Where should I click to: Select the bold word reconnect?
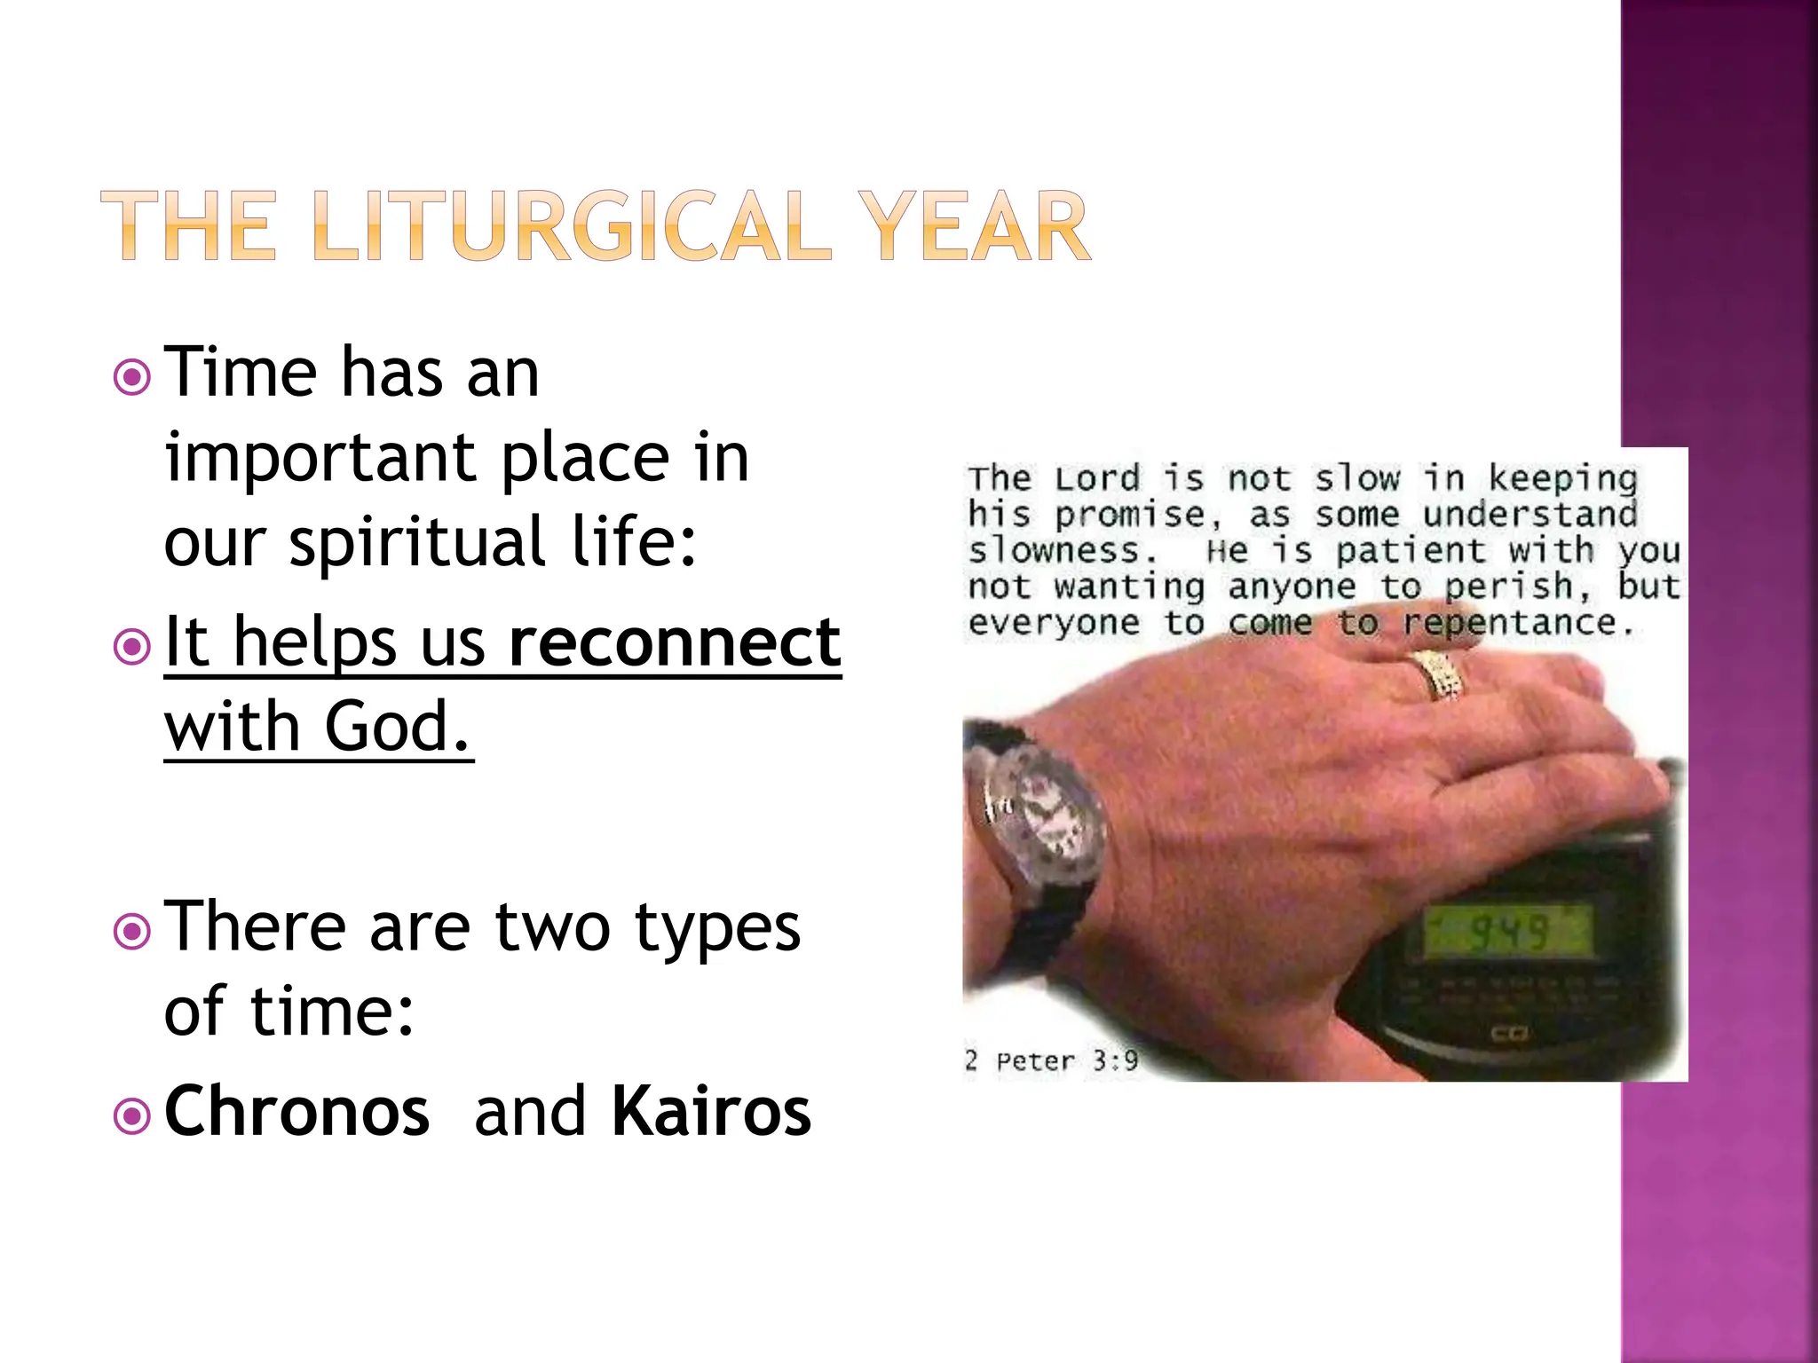675,642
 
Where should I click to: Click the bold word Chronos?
297,1111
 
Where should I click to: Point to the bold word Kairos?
711,1111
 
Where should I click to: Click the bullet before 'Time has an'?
132,378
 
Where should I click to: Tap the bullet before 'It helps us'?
132,647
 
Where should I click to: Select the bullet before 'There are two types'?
132,932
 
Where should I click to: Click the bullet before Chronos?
132,1116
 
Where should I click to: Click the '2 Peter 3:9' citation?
1051,1060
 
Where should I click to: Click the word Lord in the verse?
1097,479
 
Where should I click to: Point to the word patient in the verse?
1410,552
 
